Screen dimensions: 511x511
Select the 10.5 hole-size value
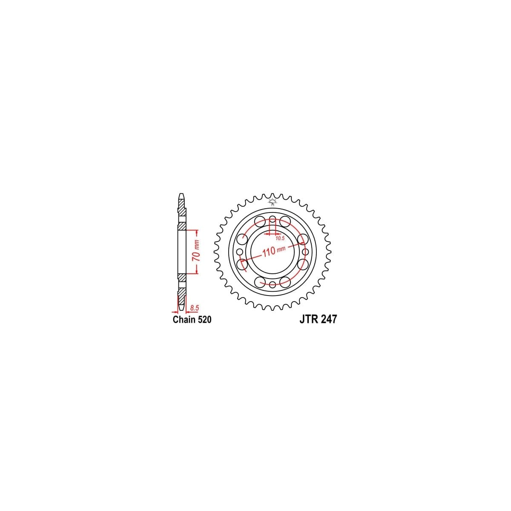click(279, 238)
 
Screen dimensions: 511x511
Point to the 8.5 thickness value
click(195, 307)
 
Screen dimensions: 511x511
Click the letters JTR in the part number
click(306, 320)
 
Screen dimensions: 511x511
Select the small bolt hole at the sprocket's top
click(273, 220)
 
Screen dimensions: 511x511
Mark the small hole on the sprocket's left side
click(240, 252)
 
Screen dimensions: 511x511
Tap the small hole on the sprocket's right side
click(305, 252)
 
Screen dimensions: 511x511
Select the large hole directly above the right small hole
click(303, 239)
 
